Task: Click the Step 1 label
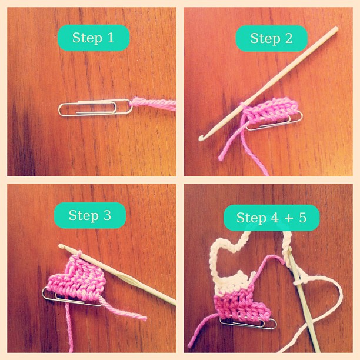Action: [x=94, y=38]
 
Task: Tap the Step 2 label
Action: [x=272, y=38]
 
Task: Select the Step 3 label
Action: [x=90, y=215]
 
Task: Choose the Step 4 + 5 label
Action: [x=272, y=218]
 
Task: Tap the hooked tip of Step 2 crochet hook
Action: [x=202, y=138]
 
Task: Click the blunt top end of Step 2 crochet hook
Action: [x=336, y=29]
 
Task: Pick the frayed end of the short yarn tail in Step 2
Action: [x=221, y=158]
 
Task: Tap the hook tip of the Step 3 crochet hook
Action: [x=61, y=246]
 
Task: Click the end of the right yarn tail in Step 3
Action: [x=145, y=318]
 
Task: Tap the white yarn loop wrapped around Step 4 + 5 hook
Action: [x=297, y=282]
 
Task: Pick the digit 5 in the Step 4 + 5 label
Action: [x=302, y=218]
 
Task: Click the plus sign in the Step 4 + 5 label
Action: [x=289, y=218]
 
